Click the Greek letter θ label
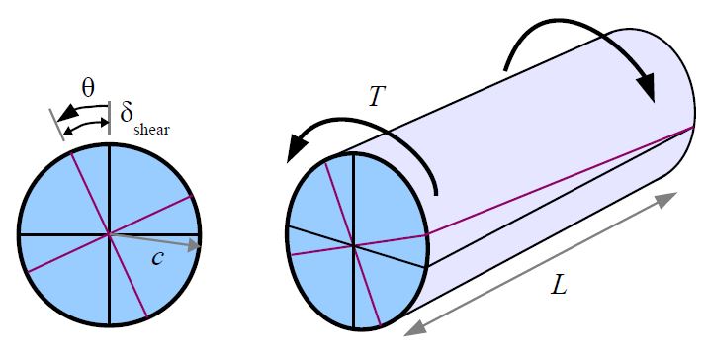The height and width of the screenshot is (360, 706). (88, 88)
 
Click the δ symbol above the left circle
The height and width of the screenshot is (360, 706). (128, 112)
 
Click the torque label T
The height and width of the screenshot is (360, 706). (378, 96)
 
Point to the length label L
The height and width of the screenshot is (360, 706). (560, 287)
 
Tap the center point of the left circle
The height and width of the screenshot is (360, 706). (109, 234)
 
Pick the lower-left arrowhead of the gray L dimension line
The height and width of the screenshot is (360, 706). (412, 326)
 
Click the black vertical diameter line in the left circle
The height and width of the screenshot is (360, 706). (109, 188)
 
